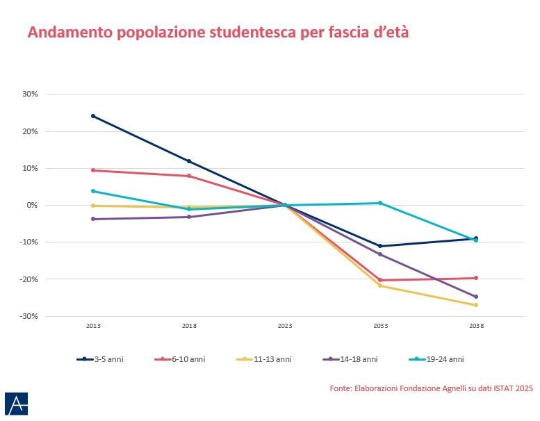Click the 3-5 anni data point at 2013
tap(93, 116)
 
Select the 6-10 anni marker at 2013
tap(93, 170)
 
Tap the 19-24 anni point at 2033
tap(380, 203)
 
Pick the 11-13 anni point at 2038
tap(476, 305)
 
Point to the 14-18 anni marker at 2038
tap(476, 297)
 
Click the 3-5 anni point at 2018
tap(189, 161)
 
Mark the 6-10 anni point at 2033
tap(380, 280)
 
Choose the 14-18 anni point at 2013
tap(93, 219)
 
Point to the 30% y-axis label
tap(31, 94)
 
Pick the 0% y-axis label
tap(32, 205)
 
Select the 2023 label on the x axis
tap(285, 326)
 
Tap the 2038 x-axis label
tap(476, 326)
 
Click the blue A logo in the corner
tap(16, 404)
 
